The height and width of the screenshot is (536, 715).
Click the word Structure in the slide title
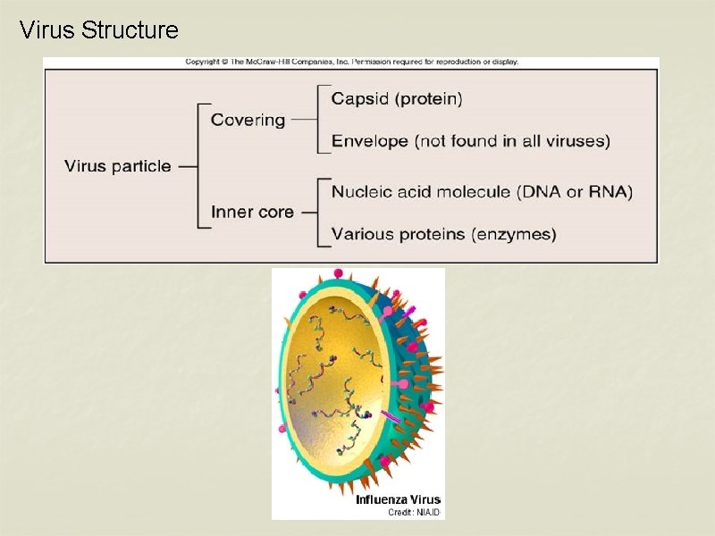click(130, 31)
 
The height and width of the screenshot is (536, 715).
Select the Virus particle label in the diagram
click(117, 166)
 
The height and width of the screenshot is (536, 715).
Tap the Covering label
click(248, 120)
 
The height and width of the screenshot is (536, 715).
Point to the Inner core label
click(252, 213)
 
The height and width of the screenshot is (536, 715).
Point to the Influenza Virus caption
click(398, 499)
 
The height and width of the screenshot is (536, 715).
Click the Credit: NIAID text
click(414, 512)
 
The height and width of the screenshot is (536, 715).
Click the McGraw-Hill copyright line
click(351, 63)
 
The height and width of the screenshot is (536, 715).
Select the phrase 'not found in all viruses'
click(512, 141)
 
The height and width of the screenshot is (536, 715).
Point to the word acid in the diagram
click(418, 192)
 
